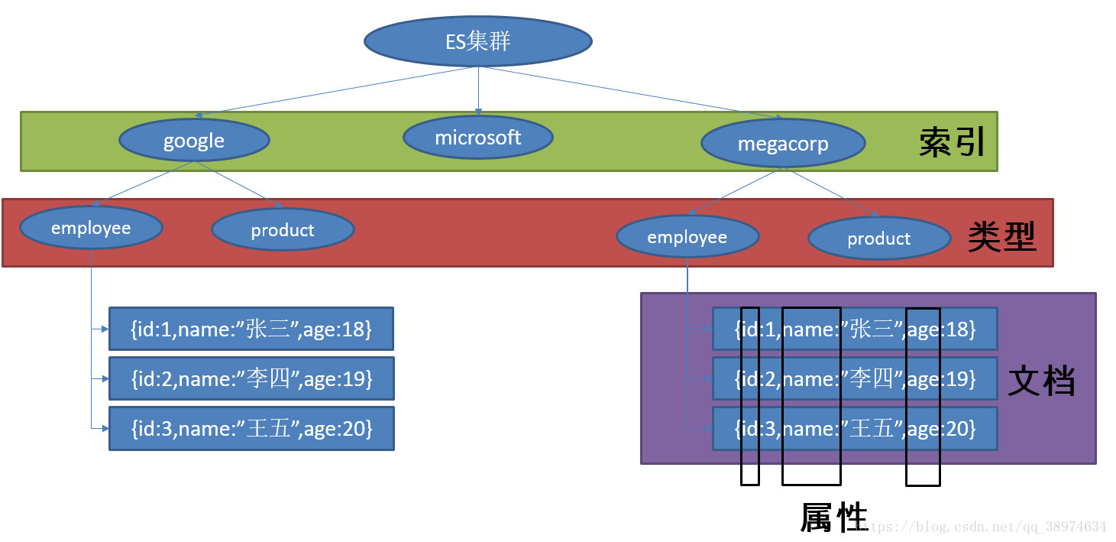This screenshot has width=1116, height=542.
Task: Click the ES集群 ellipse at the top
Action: click(478, 41)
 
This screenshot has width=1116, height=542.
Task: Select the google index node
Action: click(194, 141)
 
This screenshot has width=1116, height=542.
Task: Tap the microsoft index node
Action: click(478, 138)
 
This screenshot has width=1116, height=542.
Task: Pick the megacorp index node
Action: click(783, 144)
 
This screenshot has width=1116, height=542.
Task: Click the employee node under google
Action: click(91, 228)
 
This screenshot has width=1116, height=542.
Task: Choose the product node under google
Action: click(283, 230)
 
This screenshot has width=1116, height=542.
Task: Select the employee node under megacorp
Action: click(687, 237)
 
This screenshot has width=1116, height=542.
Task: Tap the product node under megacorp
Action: click(878, 239)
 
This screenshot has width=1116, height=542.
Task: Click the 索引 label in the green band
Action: click(952, 142)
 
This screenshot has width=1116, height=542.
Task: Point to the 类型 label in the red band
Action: click(1001, 238)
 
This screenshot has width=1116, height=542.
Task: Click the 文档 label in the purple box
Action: click(1041, 380)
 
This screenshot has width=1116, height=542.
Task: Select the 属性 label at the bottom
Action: click(834, 518)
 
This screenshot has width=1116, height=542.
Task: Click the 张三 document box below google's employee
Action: click(251, 329)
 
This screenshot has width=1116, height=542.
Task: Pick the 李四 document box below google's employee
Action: click(251, 378)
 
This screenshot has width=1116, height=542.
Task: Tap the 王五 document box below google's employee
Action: click(251, 428)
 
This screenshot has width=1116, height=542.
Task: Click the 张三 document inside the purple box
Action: click(855, 329)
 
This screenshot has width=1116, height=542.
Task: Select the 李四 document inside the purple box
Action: click(855, 378)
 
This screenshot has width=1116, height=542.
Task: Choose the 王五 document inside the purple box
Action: click(855, 428)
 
